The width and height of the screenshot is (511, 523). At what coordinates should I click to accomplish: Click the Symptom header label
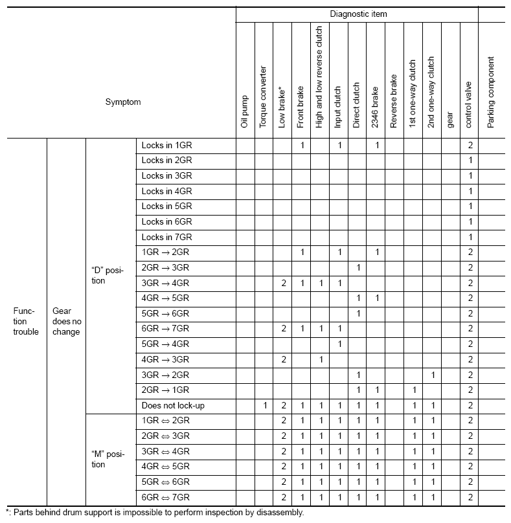click(123, 102)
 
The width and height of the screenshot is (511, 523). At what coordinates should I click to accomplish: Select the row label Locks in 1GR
click(166, 145)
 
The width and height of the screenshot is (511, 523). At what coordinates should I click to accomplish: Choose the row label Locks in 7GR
click(166, 237)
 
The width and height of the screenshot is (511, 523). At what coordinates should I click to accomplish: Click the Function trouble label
click(26, 321)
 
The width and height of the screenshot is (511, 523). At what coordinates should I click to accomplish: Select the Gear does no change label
click(66, 321)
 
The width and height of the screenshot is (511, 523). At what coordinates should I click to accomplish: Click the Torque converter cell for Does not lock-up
click(264, 406)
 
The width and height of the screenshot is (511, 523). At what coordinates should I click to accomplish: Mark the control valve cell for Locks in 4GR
click(470, 191)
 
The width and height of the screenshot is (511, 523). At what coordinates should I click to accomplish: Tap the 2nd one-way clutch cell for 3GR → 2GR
click(433, 375)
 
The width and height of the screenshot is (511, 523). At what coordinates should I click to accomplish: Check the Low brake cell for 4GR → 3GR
click(283, 359)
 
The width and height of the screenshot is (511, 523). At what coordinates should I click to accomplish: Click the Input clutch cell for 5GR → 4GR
click(339, 344)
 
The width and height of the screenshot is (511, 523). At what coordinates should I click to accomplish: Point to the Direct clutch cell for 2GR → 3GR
click(358, 267)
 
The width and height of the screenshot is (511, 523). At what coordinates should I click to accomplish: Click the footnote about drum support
click(154, 513)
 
